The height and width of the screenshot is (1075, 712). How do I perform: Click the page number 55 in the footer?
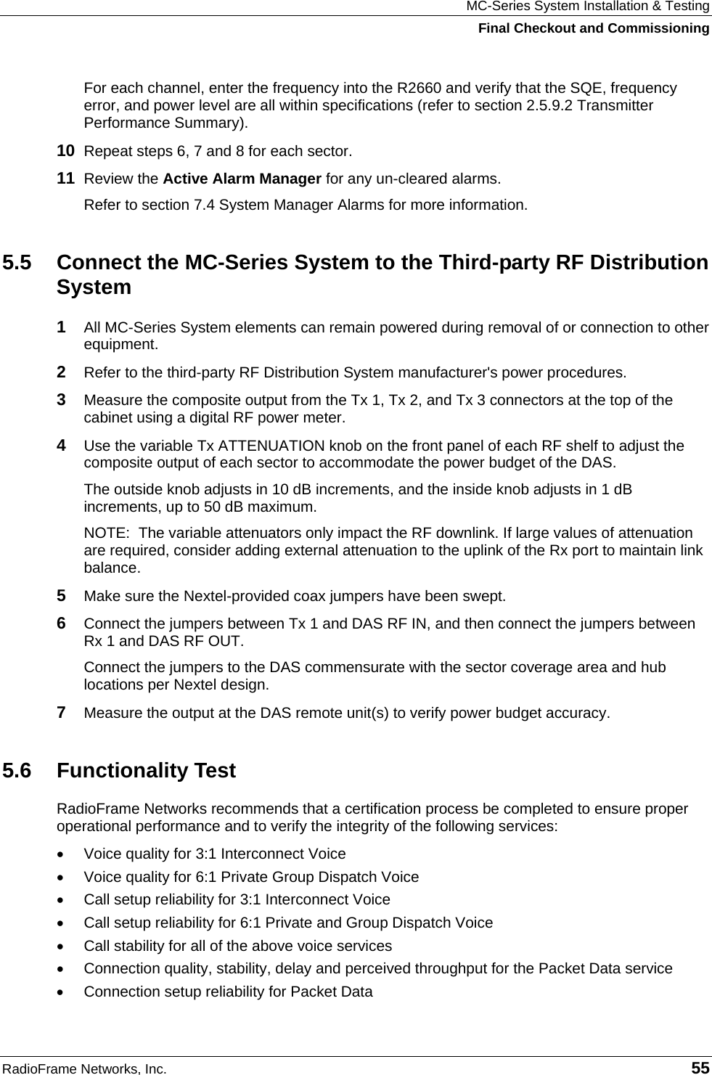(700, 1067)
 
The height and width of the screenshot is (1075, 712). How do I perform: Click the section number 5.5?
(17, 262)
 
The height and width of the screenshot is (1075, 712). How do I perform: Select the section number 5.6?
(17, 770)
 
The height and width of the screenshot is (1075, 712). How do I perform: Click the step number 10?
(65, 152)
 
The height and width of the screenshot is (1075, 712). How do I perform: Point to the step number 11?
(65, 178)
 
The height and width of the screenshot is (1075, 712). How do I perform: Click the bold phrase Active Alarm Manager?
(242, 178)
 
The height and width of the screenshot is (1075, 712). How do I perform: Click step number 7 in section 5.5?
(63, 713)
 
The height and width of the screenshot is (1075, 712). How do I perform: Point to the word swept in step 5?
(484, 597)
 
